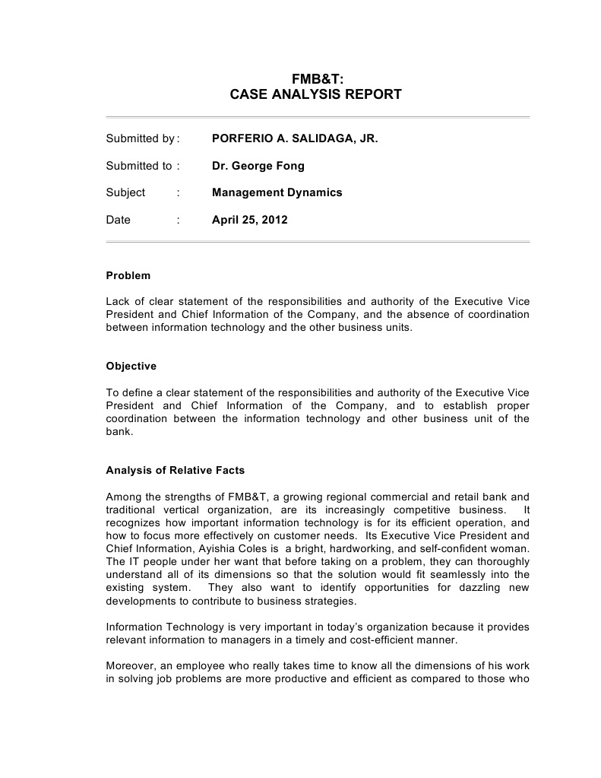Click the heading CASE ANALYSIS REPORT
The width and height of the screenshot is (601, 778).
(x=315, y=95)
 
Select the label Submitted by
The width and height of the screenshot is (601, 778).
(x=141, y=139)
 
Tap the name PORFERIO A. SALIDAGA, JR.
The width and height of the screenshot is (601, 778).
(x=295, y=139)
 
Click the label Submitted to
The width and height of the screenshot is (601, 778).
(x=139, y=166)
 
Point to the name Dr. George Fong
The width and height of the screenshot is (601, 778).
(x=258, y=166)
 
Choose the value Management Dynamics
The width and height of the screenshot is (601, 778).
(x=277, y=192)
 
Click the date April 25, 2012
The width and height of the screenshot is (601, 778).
(x=250, y=220)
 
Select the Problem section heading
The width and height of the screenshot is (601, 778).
(x=128, y=275)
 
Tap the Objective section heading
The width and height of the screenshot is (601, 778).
(x=131, y=366)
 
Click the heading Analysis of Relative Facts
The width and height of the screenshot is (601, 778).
(x=176, y=470)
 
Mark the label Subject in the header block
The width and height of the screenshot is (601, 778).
(x=125, y=192)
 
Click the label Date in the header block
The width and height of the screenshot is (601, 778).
(x=119, y=220)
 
